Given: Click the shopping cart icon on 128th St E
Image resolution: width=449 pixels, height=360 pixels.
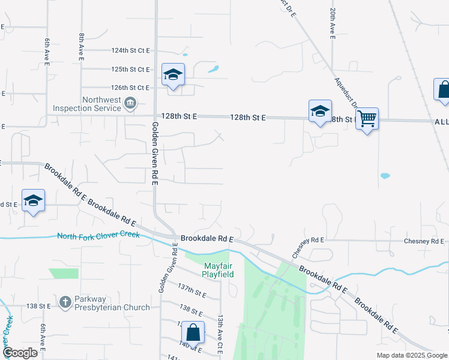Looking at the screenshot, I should click(366, 119).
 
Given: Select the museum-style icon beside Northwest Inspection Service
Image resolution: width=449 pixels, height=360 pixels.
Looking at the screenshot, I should click(130, 104).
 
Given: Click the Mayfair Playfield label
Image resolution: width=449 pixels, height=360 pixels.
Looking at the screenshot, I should click(217, 269).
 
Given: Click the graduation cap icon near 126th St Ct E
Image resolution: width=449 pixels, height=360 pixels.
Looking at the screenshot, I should click(173, 75).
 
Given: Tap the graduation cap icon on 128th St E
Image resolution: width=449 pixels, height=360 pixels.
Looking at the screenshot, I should click(320, 111).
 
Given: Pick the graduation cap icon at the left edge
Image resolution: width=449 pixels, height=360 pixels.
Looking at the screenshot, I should click(33, 201).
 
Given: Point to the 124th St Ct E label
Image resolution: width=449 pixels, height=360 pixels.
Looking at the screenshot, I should click(130, 51).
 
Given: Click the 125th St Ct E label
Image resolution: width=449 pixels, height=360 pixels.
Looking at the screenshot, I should click(130, 70).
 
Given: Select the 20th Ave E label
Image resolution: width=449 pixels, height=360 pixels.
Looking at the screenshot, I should click(332, 25).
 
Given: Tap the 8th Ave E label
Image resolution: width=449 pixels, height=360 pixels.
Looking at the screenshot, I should click(81, 45).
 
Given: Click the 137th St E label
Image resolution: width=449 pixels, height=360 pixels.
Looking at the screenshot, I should click(192, 291).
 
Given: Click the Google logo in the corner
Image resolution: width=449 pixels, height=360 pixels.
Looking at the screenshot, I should click(20, 353).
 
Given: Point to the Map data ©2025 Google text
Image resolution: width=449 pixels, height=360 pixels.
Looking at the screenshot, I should click(411, 355).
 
